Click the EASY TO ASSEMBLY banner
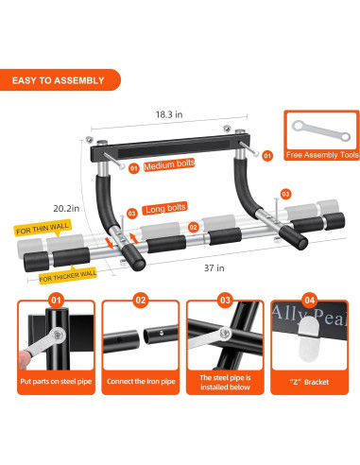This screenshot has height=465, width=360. click(x=60, y=80)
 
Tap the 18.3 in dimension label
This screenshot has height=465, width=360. click(x=169, y=114)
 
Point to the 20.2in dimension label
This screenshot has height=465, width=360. click(x=66, y=208)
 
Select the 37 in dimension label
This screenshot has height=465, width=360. click(x=214, y=268)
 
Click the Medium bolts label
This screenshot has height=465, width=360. click(x=169, y=164)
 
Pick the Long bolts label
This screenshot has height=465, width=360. click(x=164, y=208)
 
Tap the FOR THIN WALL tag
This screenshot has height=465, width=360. click(x=43, y=229)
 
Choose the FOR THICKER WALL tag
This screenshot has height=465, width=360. click(x=68, y=276)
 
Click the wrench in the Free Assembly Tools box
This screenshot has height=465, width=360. click(x=321, y=131)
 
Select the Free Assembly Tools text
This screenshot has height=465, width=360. click(x=322, y=155)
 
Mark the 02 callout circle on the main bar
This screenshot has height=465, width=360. click(x=194, y=227)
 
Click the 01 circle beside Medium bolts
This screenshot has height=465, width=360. click(x=134, y=168)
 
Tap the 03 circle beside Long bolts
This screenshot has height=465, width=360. click(x=131, y=214)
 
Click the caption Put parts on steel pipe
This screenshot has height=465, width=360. click(x=56, y=382)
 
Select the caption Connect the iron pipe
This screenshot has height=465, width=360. click(x=141, y=382)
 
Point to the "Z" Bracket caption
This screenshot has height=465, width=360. click(x=309, y=382)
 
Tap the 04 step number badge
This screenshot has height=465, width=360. click(x=310, y=301)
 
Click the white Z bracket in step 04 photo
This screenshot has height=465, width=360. click(x=309, y=338)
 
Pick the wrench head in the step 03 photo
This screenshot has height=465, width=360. click(x=224, y=333)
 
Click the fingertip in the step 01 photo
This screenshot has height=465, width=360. click(x=23, y=360)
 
